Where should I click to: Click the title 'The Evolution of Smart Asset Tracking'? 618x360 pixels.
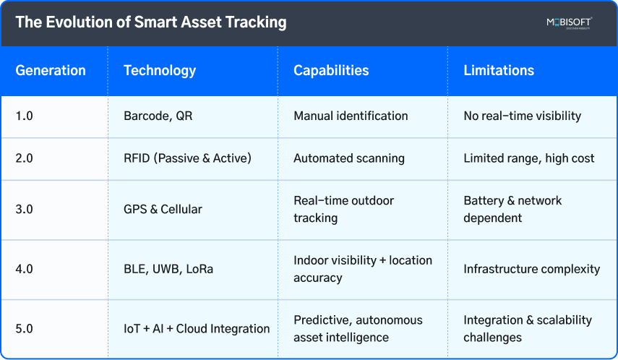point(151,22)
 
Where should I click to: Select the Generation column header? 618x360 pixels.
point(51,71)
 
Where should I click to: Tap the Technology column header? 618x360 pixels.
point(160,71)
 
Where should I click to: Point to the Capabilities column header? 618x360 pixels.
point(331,71)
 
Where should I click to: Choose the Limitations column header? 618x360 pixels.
point(499,71)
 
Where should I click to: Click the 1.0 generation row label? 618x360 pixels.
point(24,116)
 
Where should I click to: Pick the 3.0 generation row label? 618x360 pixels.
point(25,210)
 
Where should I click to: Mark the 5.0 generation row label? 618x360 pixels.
point(25,329)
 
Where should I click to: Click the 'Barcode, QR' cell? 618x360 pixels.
point(158,116)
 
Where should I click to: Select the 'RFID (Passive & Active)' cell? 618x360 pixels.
point(187,158)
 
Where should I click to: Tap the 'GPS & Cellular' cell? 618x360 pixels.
point(163,210)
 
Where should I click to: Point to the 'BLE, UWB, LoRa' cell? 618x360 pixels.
point(168,269)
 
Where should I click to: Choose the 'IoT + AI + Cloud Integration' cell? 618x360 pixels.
point(197,329)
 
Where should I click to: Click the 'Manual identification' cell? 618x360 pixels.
point(351,116)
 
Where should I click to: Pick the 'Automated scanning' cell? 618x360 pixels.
point(349,158)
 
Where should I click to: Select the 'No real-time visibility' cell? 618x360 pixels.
point(523,116)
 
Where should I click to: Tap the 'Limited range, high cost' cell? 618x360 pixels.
point(529,158)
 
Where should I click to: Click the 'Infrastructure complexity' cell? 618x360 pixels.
point(532,269)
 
